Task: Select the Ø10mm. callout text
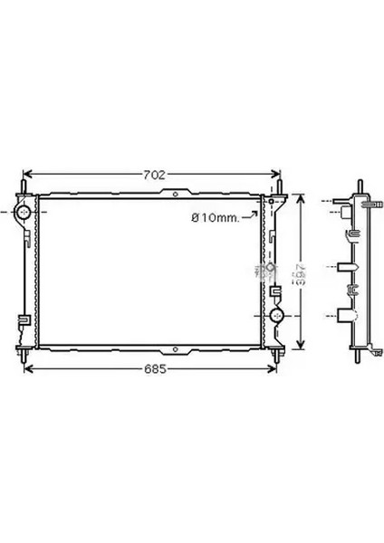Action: [215, 218]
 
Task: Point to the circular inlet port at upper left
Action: [24, 214]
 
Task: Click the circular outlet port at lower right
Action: [276, 316]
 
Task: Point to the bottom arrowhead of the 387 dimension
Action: [302, 344]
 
